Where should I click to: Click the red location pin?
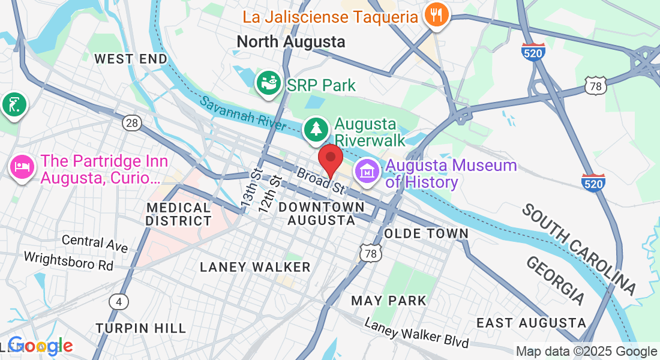pos(330,160)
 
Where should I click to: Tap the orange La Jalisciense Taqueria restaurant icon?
pos(436,15)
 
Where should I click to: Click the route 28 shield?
pos(132,123)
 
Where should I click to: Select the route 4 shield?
pos(121,301)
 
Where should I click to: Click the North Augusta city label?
pos(291,41)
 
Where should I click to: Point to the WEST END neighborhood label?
pos(131,59)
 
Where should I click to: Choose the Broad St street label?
pos(321,179)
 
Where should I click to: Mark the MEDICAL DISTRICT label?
pos(179,214)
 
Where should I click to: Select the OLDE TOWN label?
pos(426,233)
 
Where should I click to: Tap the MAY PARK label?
pos(389,300)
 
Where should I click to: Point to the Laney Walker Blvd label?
pos(416,334)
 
